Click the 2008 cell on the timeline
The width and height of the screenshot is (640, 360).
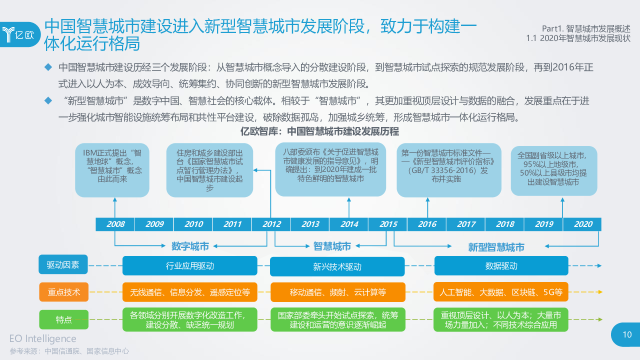pyautogui.click(x=115, y=224)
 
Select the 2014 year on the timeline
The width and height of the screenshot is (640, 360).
pyautogui.click(x=349, y=224)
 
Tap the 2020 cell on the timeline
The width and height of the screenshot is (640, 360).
pyautogui.click(x=583, y=224)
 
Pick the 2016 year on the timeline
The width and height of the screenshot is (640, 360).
pyautogui.click(x=427, y=224)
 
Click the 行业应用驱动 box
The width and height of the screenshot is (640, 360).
pyautogui.click(x=190, y=266)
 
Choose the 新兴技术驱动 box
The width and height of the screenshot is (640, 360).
pyautogui.click(x=337, y=266)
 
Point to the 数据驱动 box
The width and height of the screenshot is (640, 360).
pyautogui.click(x=501, y=266)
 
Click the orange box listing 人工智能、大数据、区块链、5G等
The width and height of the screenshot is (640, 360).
pyautogui.click(x=501, y=292)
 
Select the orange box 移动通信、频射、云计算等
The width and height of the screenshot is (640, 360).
pyautogui.click(x=337, y=292)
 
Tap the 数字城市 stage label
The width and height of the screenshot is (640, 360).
pyautogui.click(x=190, y=246)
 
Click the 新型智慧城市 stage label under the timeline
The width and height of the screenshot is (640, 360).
pyautogui.click(x=496, y=247)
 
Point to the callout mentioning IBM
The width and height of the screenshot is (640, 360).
pyautogui.click(x=112, y=169)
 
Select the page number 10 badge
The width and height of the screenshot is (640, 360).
pyautogui.click(x=626, y=335)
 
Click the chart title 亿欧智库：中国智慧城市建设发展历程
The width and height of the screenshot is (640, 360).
pyautogui.click(x=320, y=131)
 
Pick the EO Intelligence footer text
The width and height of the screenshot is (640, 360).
pyautogui.click(x=43, y=339)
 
